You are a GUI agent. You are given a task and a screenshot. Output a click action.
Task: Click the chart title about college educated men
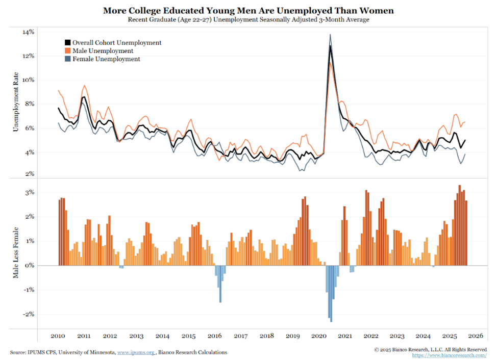tap(248, 10)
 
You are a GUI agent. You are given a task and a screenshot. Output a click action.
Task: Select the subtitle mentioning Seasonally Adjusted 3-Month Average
tap(248, 19)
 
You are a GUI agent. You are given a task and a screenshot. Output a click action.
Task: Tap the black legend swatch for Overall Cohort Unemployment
tap(67, 43)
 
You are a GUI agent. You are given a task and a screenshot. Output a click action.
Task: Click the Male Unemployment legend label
tap(103, 51)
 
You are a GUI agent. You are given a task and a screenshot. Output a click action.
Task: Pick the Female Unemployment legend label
tap(106, 59)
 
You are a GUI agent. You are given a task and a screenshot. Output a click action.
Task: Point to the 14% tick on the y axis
tap(28, 32)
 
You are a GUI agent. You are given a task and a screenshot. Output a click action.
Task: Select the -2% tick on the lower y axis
tap(28, 314)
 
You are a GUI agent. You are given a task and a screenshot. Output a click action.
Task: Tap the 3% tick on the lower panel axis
tap(29, 193)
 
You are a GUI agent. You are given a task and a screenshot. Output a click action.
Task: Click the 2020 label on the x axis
tap(318, 336)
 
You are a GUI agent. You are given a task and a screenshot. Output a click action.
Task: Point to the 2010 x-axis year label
tap(58, 336)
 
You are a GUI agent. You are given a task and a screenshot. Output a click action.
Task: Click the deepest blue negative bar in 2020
tap(331, 320)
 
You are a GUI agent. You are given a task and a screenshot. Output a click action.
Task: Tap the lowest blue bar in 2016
tap(220, 301)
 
